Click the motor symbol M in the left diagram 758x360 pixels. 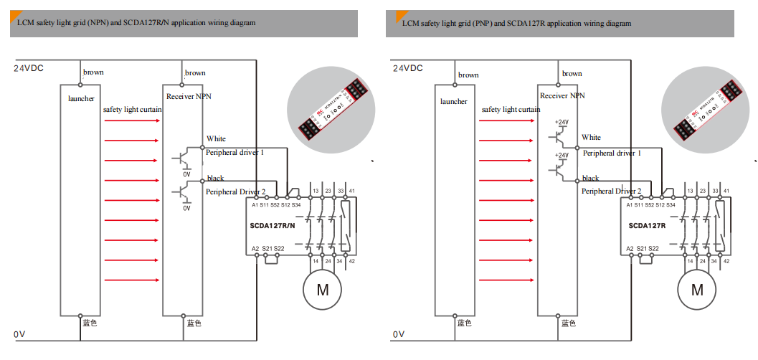coord(323,290)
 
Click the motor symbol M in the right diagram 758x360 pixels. coord(697,290)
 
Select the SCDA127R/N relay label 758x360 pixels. coord(273,225)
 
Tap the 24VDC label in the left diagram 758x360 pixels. coord(29,68)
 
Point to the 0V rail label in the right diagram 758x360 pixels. coord(399,334)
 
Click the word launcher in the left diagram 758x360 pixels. coord(81,98)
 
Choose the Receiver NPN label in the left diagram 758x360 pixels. coord(189,96)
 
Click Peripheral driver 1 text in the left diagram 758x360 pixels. coord(235,153)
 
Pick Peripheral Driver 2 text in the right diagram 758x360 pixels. coord(612,191)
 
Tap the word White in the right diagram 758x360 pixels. coord(592,138)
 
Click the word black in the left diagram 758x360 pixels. coord(215,178)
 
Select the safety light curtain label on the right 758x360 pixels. coord(511,110)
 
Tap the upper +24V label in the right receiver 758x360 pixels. coord(562,123)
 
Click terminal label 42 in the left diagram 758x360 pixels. coord(351,261)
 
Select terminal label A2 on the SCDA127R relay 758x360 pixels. coord(630,248)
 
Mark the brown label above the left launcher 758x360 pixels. coord(93,72)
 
